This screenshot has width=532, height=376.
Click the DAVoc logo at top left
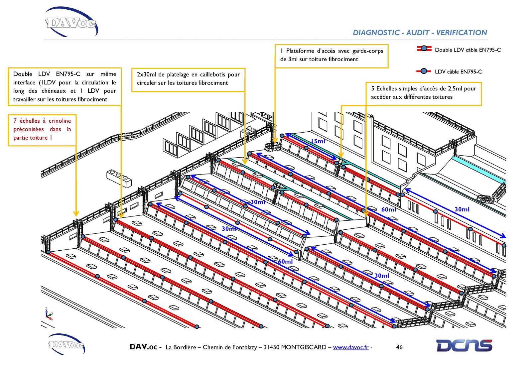coord(71,22)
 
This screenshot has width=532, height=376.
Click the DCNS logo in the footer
coord(464,346)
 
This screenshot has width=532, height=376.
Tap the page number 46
coord(399,347)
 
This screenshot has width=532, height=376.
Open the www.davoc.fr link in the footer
coord(350,347)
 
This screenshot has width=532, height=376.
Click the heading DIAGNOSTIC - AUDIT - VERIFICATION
coord(420,33)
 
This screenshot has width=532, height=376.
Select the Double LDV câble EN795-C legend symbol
coord(424,49)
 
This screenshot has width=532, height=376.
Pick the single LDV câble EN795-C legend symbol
coord(424,71)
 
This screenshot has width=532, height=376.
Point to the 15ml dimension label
coord(318,141)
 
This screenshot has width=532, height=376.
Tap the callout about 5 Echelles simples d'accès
coord(423,93)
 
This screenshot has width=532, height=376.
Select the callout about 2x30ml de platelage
coord(188,79)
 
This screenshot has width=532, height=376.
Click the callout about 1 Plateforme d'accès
coord(332,55)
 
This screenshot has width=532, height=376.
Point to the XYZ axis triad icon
coord(49,314)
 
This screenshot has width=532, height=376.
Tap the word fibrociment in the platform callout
coord(343,60)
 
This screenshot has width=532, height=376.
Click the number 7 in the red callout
coord(15,121)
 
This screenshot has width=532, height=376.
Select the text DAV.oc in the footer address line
coord(143,347)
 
